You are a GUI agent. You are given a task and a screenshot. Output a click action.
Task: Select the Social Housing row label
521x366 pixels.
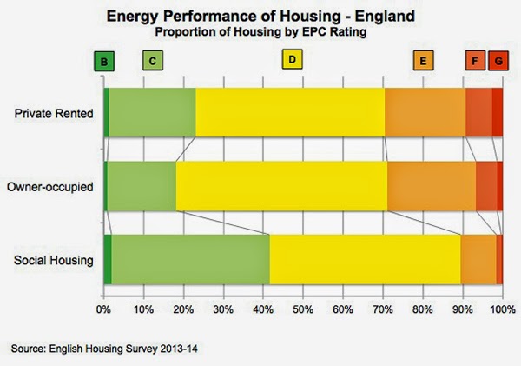(x=53, y=259)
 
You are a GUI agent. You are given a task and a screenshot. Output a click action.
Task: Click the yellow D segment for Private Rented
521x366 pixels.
(x=290, y=113)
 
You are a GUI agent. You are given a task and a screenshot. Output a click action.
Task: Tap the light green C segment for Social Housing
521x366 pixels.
(x=190, y=259)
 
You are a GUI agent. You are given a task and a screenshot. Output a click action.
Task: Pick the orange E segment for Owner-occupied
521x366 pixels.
(x=432, y=186)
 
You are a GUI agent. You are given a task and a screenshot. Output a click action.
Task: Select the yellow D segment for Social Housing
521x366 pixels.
(x=365, y=259)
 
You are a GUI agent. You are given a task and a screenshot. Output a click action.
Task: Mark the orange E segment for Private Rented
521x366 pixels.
(x=425, y=113)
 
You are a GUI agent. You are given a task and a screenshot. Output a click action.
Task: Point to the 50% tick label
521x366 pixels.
(x=303, y=308)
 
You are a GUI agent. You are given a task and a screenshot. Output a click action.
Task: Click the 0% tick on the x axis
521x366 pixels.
(x=103, y=308)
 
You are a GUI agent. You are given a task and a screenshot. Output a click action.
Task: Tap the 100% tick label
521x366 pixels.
(x=502, y=308)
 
